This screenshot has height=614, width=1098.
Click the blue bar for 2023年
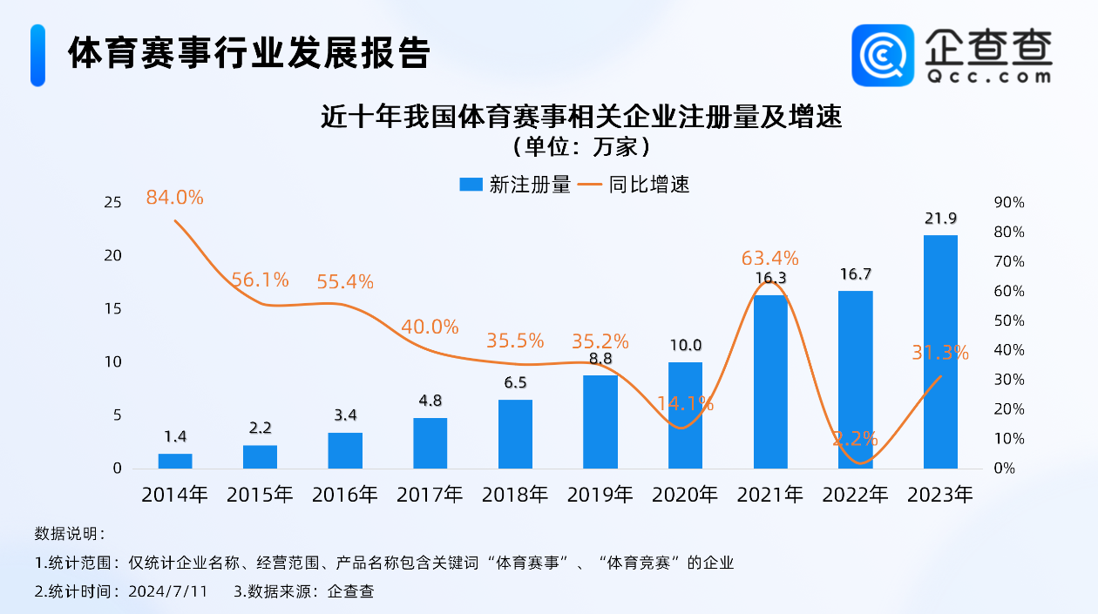click(x=939, y=352)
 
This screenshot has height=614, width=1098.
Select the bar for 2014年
click(x=175, y=461)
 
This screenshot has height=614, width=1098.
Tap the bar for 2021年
click(x=769, y=383)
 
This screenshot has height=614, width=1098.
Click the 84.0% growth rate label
click(x=174, y=198)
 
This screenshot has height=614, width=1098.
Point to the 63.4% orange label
click(x=769, y=258)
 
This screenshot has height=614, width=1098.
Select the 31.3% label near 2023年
click(x=939, y=353)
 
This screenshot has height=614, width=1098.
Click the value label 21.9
click(x=939, y=218)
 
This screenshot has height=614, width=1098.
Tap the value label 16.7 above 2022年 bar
click(x=855, y=274)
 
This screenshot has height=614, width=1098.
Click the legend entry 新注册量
click(x=515, y=185)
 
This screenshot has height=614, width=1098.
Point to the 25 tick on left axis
click(x=112, y=203)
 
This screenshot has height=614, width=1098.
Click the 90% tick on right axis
click(x=1009, y=203)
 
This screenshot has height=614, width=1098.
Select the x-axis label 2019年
click(x=600, y=495)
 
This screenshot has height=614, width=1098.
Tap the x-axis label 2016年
click(x=345, y=495)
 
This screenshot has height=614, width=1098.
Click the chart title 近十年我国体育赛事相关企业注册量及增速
click(x=582, y=116)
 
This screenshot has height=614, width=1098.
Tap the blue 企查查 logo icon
click(x=883, y=56)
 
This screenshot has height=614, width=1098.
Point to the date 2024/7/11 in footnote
click(x=167, y=591)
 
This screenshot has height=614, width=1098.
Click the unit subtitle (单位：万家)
click(x=582, y=145)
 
